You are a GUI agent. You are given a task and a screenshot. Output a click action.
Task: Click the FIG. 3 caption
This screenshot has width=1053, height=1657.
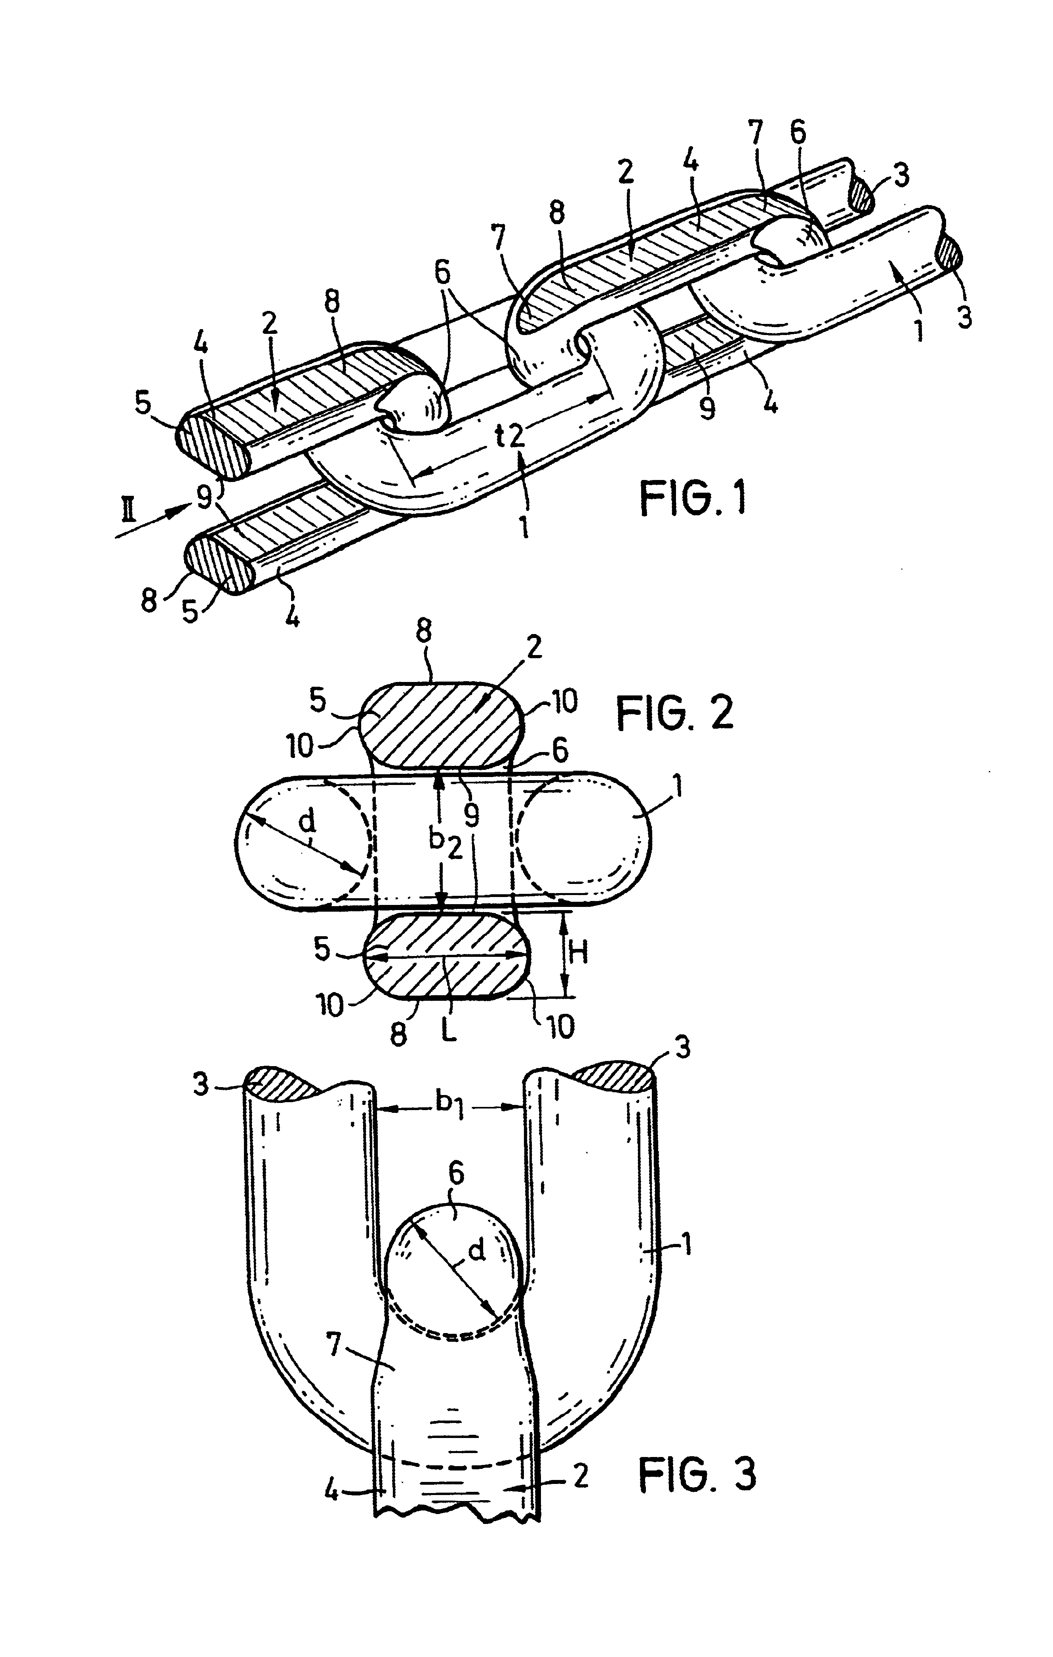tap(697, 1474)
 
